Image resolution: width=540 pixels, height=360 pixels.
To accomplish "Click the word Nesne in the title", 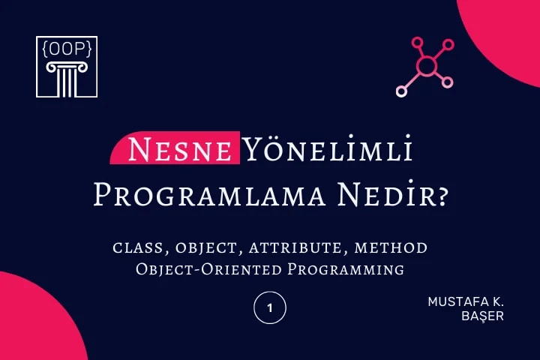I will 179,151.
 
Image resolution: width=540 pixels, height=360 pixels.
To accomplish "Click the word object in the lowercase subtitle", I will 199,247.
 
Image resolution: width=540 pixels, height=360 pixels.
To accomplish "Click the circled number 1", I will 270,308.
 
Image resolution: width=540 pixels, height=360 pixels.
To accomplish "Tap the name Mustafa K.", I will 466,301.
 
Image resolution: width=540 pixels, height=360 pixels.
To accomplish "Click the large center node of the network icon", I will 426,67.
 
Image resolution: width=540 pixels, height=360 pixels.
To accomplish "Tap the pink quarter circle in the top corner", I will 506,30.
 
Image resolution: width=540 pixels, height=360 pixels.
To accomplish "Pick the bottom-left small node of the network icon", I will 401,92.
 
